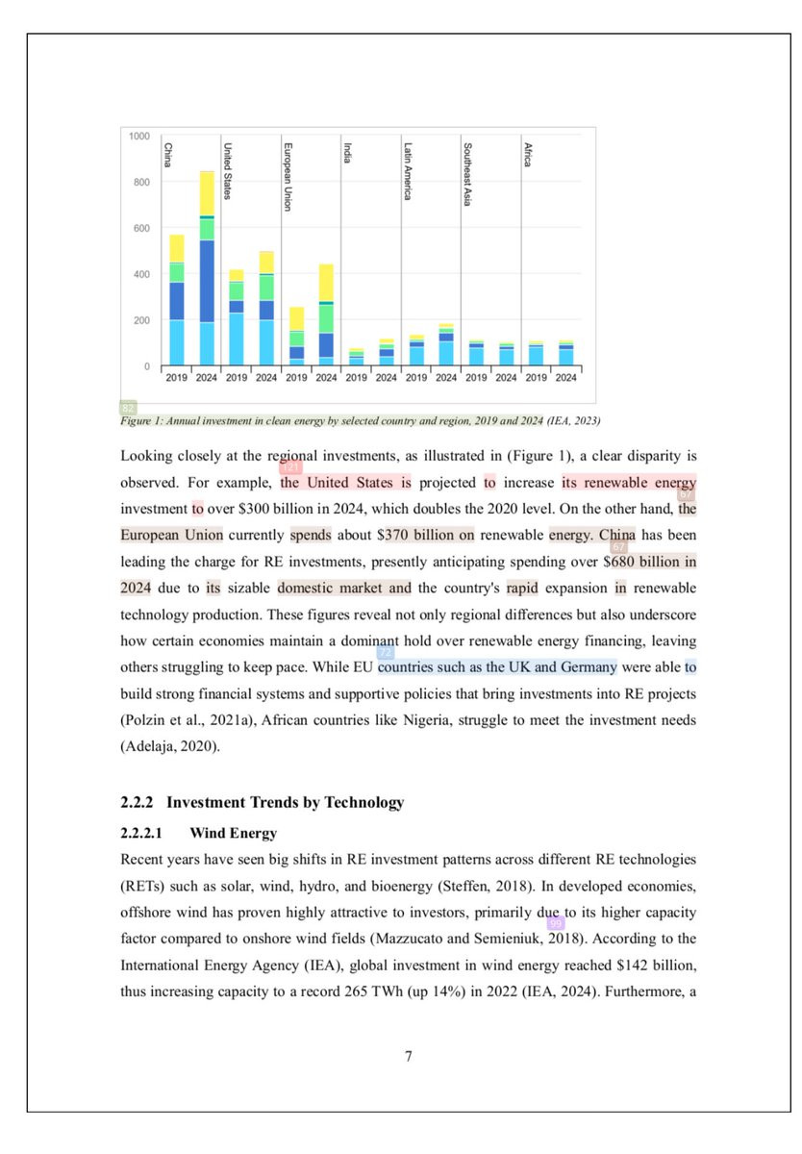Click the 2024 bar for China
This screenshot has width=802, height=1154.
click(207, 269)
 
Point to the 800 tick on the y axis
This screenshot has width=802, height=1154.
click(139, 182)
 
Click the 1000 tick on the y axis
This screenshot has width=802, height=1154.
click(138, 137)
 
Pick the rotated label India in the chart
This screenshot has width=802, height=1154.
click(347, 153)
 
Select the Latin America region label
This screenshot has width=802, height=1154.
click(408, 171)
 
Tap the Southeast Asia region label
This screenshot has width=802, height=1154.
click(467, 174)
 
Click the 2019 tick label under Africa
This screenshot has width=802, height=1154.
click(537, 378)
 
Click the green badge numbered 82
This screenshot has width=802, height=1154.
click(128, 408)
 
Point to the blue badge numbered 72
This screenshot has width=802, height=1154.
click(386, 653)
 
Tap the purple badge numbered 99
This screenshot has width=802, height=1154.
click(555, 923)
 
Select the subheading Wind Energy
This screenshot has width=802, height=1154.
click(234, 833)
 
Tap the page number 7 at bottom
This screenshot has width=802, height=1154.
click(409, 1057)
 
